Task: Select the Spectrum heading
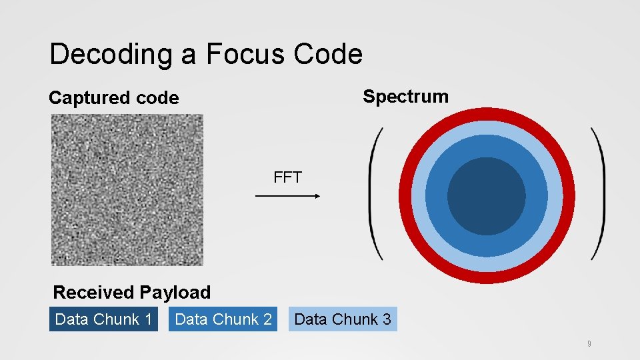point(405,97)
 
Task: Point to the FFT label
point(287,177)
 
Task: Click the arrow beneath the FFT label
point(288,196)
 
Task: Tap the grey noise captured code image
point(127,190)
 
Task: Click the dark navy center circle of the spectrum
point(486,196)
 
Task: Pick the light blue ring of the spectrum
point(486,129)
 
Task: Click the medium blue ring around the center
point(486,146)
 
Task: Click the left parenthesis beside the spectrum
point(376,193)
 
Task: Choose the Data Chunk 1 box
point(103,319)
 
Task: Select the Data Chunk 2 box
point(223,319)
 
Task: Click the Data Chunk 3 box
point(342,319)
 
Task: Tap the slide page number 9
point(589,344)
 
